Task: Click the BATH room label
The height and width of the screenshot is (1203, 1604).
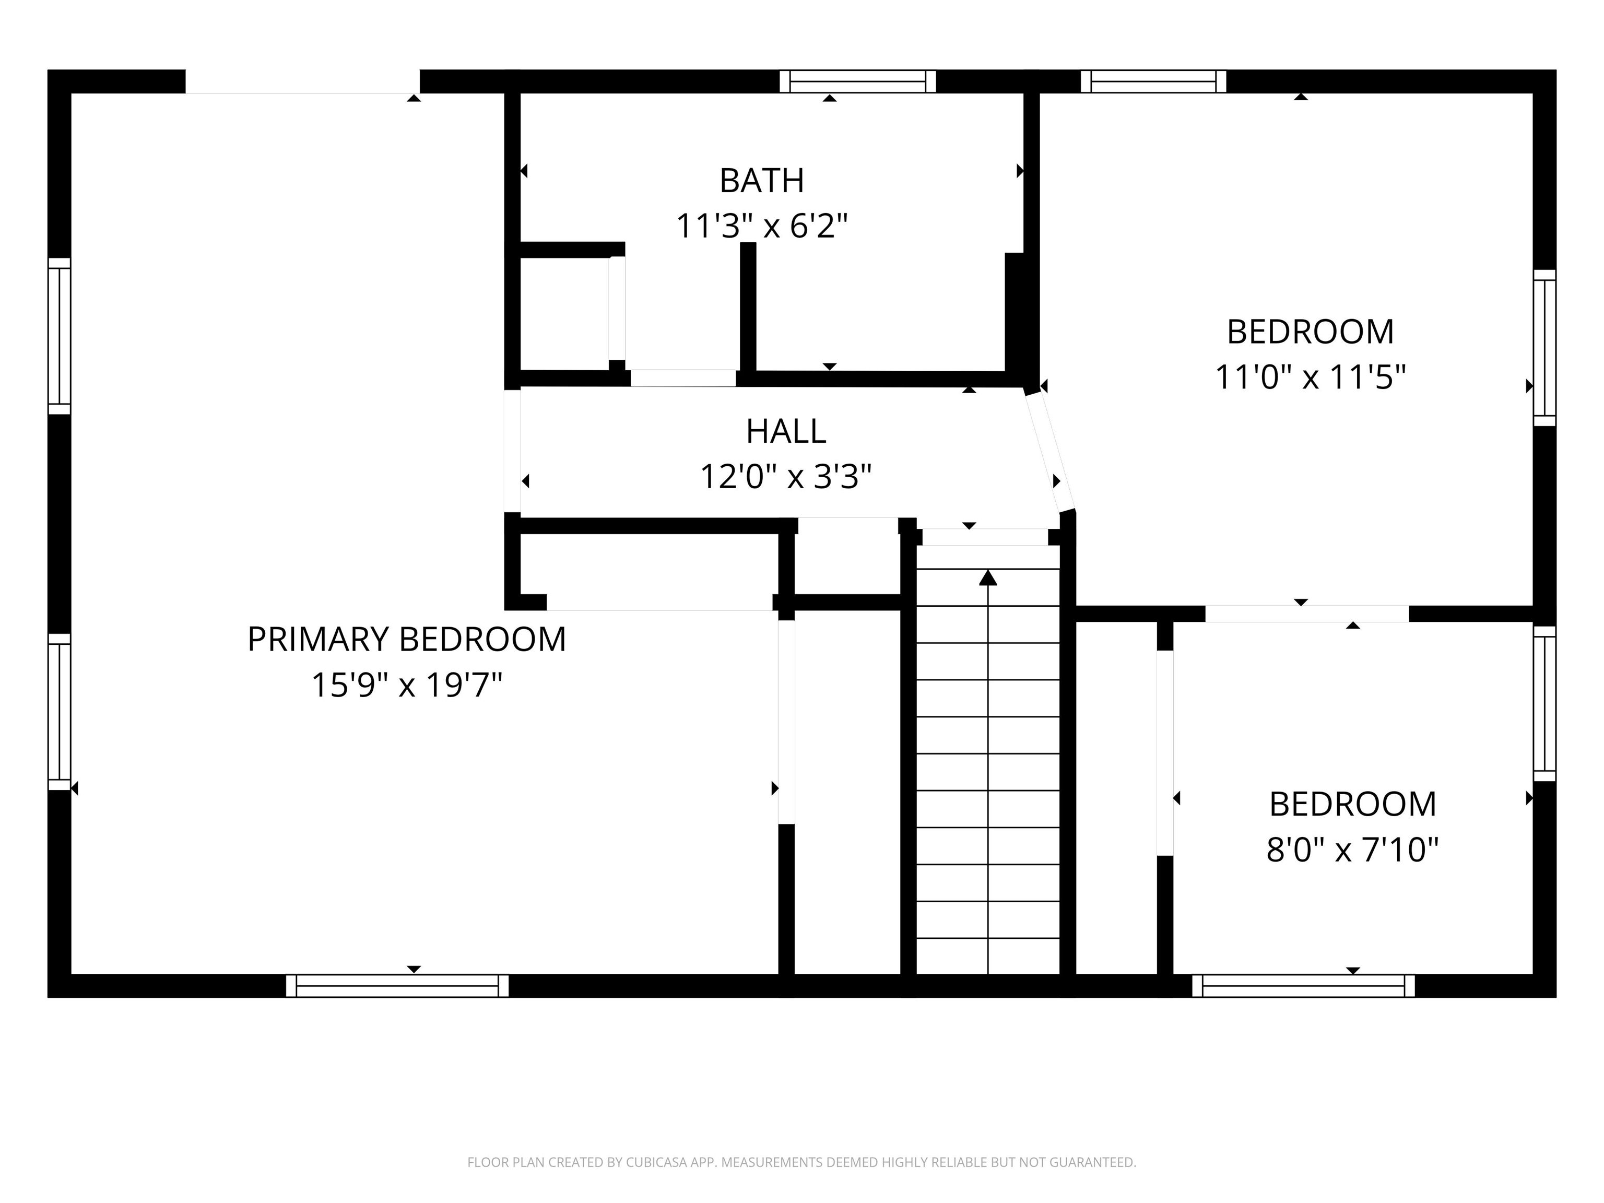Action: point(761,181)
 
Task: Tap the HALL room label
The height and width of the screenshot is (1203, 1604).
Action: point(786,431)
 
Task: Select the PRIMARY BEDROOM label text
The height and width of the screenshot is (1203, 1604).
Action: point(407,640)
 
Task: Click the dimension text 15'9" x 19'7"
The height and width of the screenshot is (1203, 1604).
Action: point(407,685)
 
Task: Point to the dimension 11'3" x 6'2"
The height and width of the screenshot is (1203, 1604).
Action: point(761,226)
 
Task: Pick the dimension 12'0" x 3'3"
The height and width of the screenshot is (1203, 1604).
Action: point(786,477)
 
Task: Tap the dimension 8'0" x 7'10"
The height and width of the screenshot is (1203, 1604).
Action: point(1352,849)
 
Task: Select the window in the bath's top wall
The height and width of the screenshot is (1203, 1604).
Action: point(858,81)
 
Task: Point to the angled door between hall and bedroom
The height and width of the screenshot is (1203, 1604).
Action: point(1049,452)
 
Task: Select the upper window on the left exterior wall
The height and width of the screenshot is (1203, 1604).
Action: point(60,336)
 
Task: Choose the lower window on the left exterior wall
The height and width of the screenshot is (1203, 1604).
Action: point(60,711)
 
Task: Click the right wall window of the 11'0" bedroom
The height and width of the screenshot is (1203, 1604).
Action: point(1544,348)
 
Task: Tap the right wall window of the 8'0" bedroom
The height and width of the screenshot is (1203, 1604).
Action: point(1544,703)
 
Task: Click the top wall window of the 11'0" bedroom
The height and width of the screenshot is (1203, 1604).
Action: point(1153,81)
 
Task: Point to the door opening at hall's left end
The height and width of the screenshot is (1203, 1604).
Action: point(513,451)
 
